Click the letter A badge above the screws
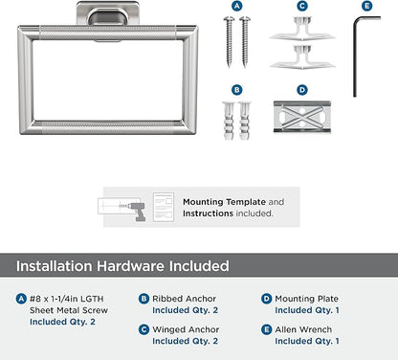pyautogui.click(x=236, y=6)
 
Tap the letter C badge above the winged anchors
pyautogui.click(x=302, y=6)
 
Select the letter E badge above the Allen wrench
pyautogui.click(x=367, y=6)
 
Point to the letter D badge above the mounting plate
pyautogui.click(x=302, y=90)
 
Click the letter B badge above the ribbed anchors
pyautogui.click(x=236, y=90)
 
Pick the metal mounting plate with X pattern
pyautogui.click(x=302, y=117)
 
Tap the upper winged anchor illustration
pyautogui.click(x=302, y=29)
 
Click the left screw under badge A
pyautogui.click(x=229, y=42)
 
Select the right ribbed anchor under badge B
pyautogui.click(x=245, y=121)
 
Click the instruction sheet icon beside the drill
pyautogui.click(x=164, y=207)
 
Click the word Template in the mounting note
pyautogui.click(x=246, y=202)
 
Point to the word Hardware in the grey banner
pyautogui.click(x=131, y=266)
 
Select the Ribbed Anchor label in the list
pyautogui.click(x=184, y=299)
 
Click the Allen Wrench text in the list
pyautogui.click(x=303, y=329)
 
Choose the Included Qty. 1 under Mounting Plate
pyautogui.click(x=307, y=310)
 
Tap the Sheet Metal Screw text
pyautogui.click(x=69, y=310)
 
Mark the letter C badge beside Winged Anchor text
pyautogui.click(x=144, y=329)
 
